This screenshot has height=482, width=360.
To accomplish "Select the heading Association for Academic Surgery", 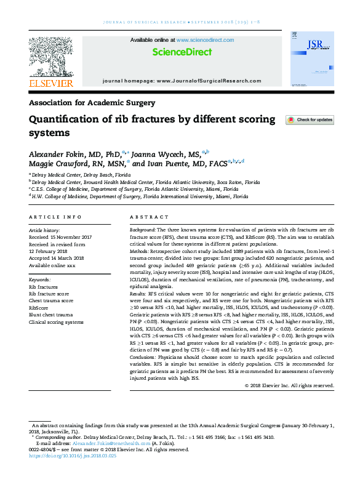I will [92, 103].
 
